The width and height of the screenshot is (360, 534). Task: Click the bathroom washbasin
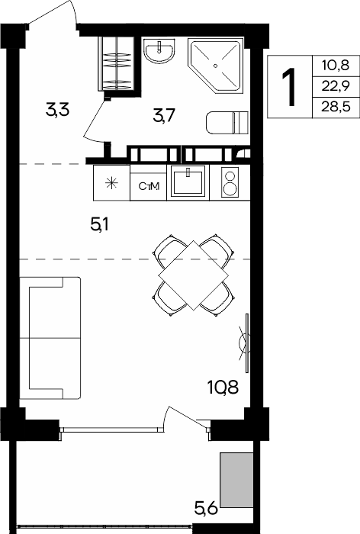159,50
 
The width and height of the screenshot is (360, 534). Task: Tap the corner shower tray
216,66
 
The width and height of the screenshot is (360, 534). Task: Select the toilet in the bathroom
227,122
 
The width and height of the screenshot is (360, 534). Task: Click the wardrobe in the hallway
117,63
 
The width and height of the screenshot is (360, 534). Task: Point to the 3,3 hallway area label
58,110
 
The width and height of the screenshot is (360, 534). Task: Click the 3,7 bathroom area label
164,116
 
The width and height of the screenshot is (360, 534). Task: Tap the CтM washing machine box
149,186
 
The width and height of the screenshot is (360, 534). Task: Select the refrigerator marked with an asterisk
111,183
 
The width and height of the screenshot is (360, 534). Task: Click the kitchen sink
188,182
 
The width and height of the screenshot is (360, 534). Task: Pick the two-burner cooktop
230,182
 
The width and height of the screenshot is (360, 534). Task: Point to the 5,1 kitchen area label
99,225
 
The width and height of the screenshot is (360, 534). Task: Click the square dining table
194,275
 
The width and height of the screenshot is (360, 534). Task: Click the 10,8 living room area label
223,388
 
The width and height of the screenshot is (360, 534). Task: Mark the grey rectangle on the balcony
236,480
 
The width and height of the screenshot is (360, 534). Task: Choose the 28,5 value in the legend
336,108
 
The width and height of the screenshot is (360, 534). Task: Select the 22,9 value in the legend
336,86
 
